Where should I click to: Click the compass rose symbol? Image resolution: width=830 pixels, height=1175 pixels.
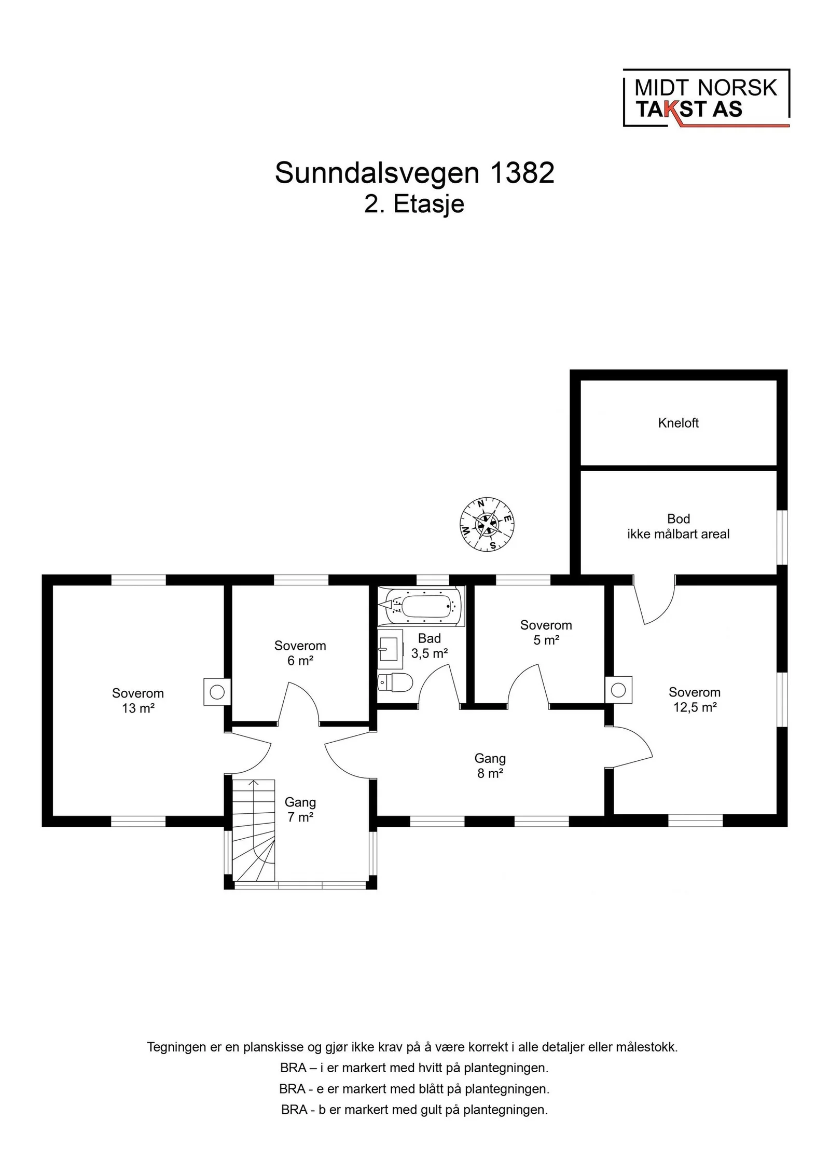(x=488, y=524)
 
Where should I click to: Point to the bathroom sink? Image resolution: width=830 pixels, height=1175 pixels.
(x=390, y=649)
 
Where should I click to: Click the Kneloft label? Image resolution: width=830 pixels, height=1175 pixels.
(x=678, y=423)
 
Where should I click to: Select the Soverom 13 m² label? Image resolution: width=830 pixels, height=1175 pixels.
(x=138, y=701)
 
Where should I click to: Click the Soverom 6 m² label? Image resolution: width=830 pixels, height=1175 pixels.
(x=300, y=653)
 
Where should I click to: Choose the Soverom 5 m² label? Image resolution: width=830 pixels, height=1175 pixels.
(x=546, y=633)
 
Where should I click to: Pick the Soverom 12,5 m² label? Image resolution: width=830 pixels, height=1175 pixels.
(x=695, y=700)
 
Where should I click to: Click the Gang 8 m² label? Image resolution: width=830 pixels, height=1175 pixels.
(x=490, y=766)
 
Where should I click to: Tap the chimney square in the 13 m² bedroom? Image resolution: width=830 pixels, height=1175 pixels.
(x=217, y=692)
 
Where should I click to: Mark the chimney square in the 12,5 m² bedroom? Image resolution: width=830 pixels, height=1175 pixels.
(x=618, y=690)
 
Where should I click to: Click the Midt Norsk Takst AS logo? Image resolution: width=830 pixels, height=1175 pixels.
(x=706, y=98)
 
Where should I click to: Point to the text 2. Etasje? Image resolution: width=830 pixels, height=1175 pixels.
(x=414, y=204)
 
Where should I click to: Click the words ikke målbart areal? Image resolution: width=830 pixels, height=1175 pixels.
(x=678, y=534)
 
